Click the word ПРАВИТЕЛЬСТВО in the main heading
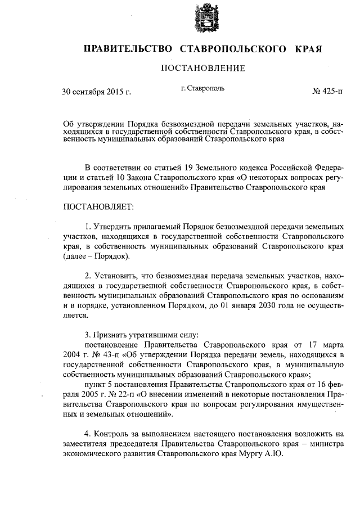pos(128,49)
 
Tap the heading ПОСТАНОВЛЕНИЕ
pos(203,69)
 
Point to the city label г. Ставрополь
pos(203,89)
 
